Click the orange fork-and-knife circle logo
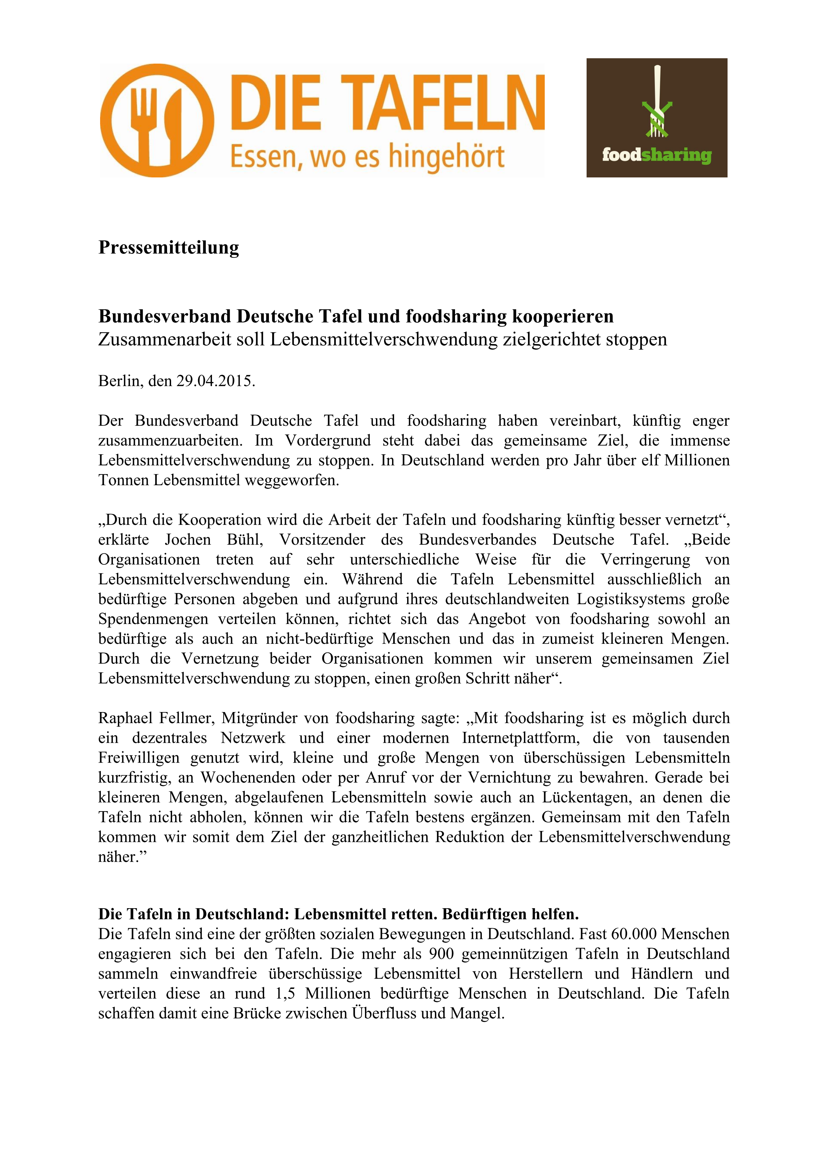[x=157, y=121]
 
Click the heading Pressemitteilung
[x=169, y=247]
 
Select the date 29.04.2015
[x=215, y=381]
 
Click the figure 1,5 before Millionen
[x=285, y=994]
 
